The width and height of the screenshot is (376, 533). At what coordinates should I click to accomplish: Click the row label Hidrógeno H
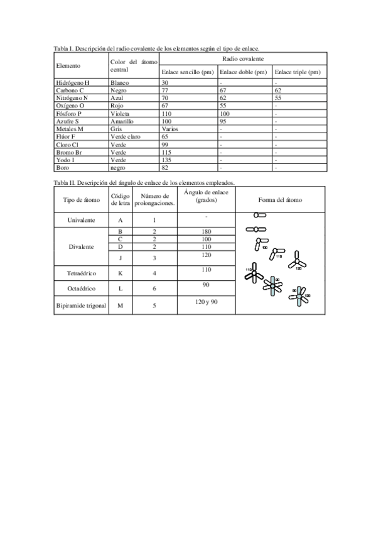coord(73,82)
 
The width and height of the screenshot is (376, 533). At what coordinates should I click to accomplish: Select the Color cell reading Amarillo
coord(122,121)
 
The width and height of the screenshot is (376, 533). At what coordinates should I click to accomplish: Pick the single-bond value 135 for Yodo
coord(166,160)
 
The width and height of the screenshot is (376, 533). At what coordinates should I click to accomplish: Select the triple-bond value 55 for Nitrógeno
coord(278,98)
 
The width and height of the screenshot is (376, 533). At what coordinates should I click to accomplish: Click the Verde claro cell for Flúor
coord(125,136)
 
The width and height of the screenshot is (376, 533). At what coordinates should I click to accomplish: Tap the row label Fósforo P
coord(69,113)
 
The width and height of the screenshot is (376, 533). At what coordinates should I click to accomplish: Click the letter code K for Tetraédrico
coord(120,273)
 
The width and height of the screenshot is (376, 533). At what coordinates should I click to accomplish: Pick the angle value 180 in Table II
coord(206,231)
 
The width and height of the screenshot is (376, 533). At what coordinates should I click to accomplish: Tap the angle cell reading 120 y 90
coord(206,302)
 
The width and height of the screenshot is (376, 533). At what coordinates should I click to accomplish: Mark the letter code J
coord(120,258)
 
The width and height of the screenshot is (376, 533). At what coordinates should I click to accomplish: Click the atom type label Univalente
coord(82,221)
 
